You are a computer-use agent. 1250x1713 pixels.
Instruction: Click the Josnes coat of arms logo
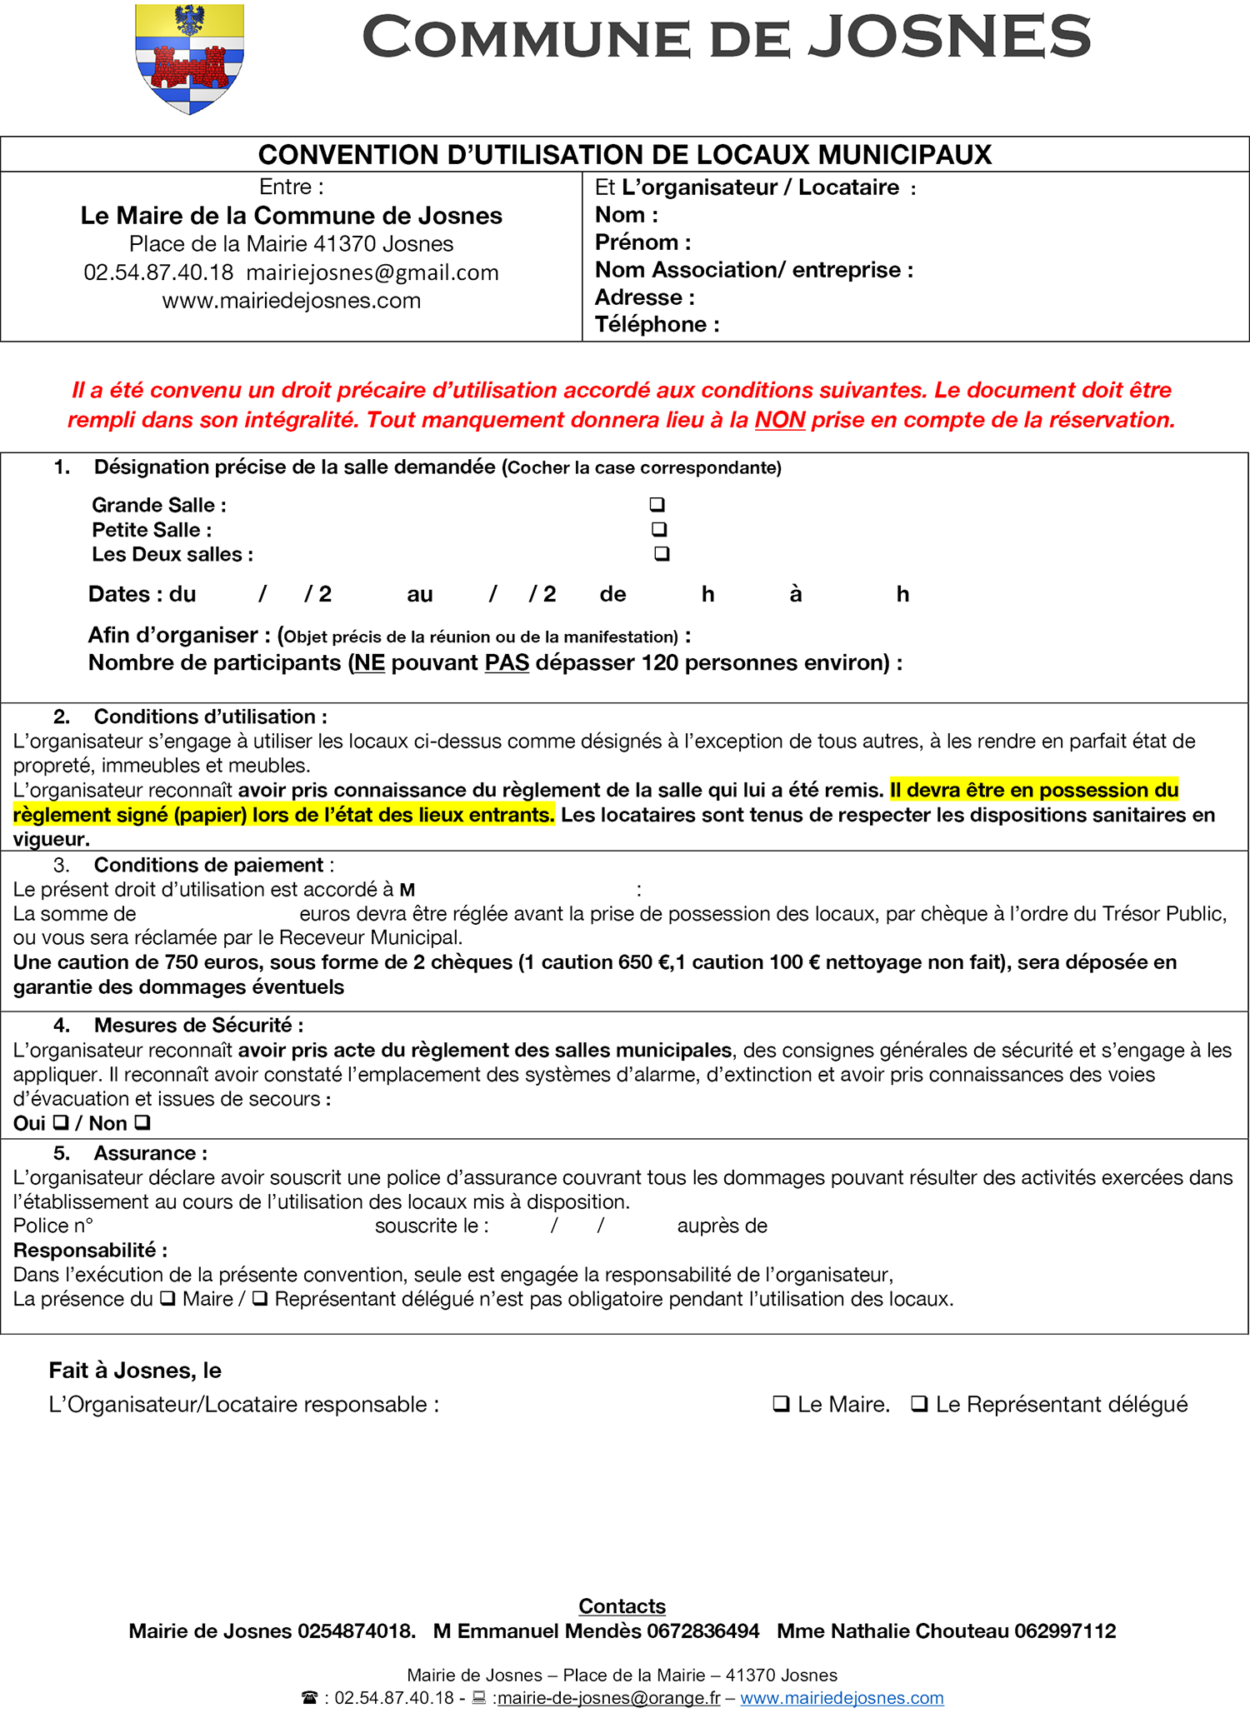point(189,58)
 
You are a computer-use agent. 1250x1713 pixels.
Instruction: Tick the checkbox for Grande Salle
point(657,504)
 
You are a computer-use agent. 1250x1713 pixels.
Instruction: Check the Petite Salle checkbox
point(659,528)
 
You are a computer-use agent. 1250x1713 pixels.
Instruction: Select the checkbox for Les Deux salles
point(662,553)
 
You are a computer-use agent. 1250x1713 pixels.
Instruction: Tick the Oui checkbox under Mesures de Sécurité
point(60,1122)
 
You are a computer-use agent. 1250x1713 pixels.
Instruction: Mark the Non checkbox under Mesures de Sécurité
point(142,1122)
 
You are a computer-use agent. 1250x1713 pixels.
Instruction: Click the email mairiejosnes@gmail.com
point(372,272)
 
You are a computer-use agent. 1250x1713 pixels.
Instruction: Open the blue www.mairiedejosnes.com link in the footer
point(842,1697)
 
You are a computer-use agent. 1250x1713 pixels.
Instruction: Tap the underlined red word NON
point(779,420)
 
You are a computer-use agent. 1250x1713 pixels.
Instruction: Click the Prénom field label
point(642,242)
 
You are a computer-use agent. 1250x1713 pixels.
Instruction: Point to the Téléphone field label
point(657,324)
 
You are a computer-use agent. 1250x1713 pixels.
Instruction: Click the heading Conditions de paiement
point(208,865)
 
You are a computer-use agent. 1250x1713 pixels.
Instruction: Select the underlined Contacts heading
point(622,1606)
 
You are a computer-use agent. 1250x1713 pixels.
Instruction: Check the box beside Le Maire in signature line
point(781,1404)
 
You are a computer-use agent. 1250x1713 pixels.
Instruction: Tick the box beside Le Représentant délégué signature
point(919,1404)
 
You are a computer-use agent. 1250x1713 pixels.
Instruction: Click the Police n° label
point(52,1226)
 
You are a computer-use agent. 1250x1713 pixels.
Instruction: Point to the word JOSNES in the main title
point(950,37)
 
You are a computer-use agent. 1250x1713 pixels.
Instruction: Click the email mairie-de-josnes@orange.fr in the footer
point(608,1697)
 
